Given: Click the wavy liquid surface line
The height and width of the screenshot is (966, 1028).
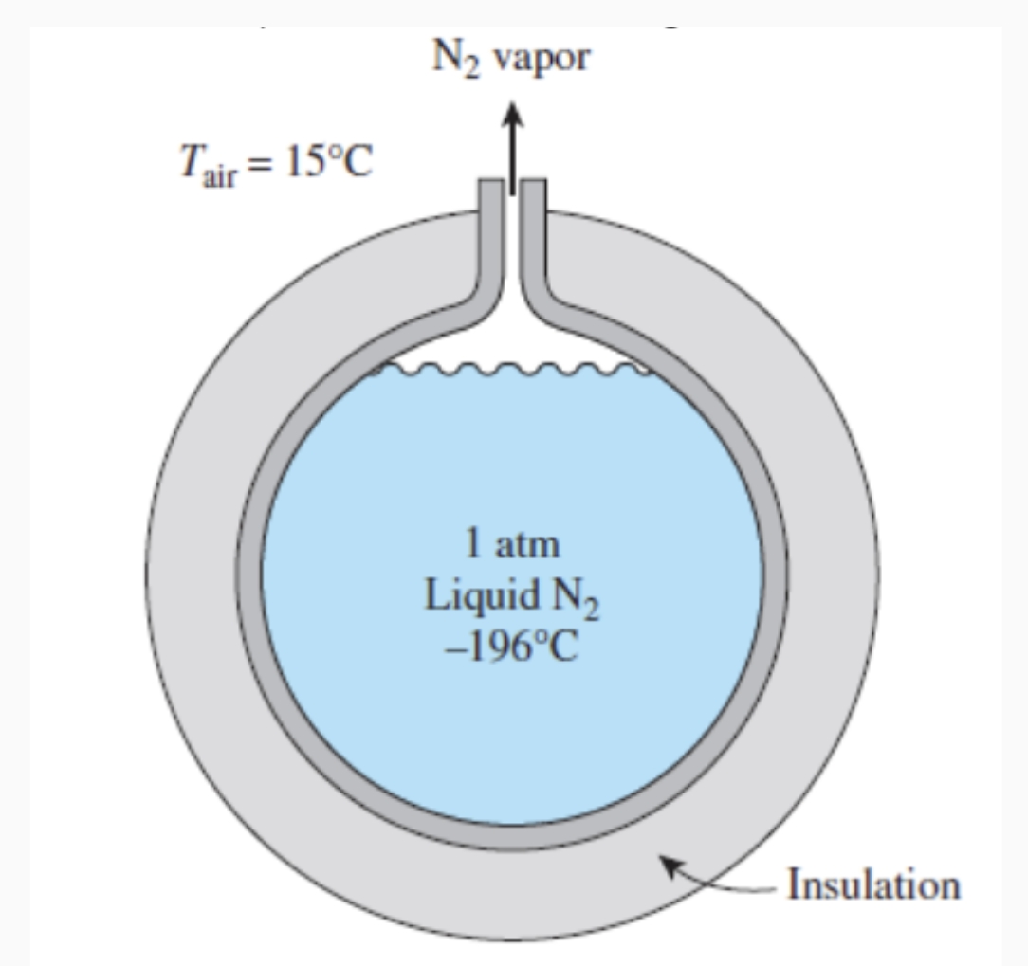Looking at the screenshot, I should pyautogui.click(x=512, y=372).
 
